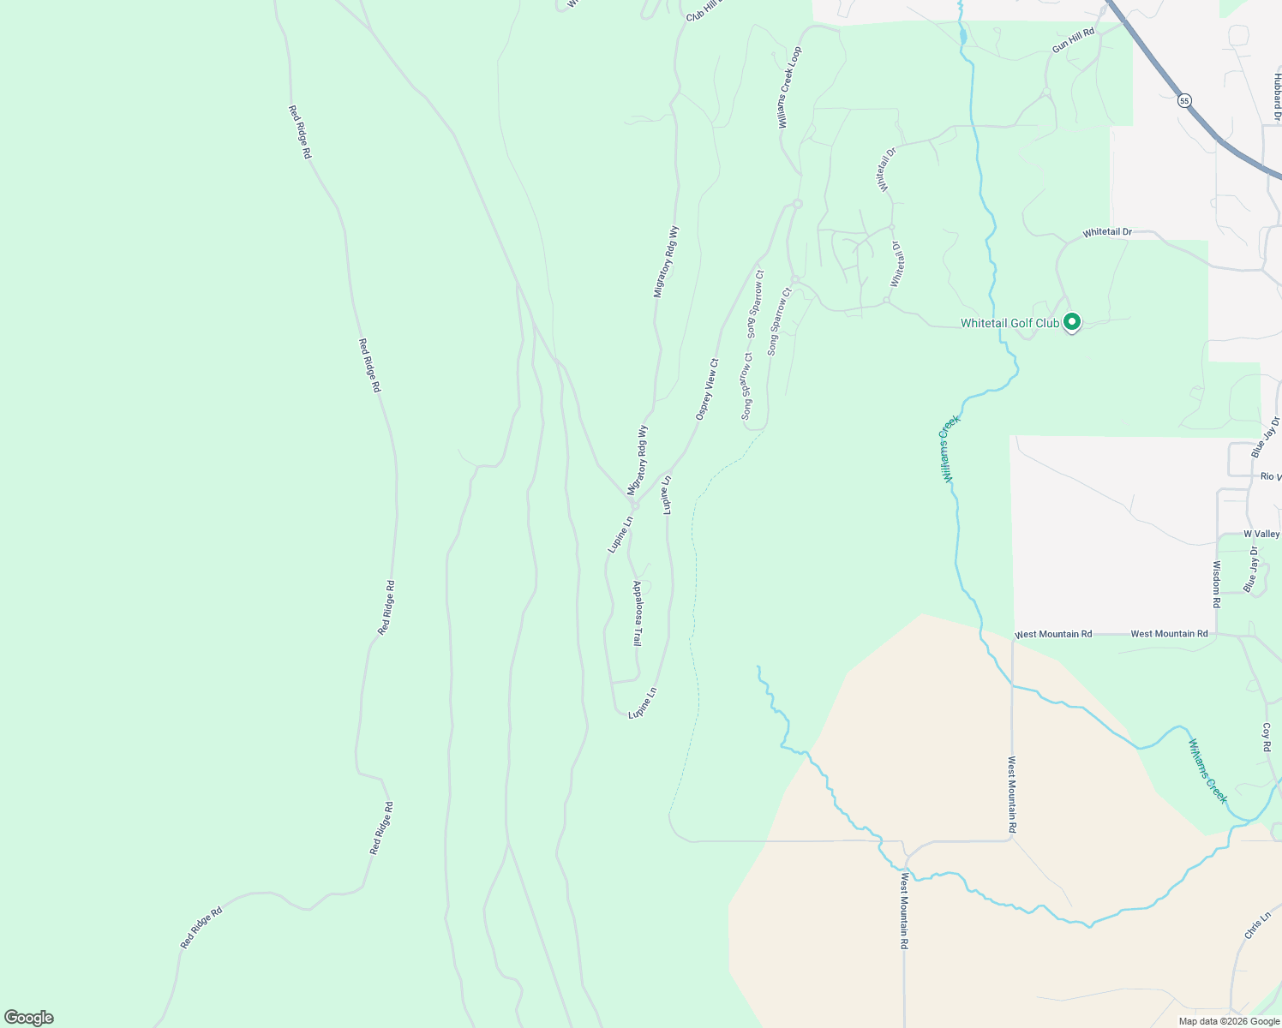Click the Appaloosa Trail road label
tap(637, 613)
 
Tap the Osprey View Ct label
tap(707, 389)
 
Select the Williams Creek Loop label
tap(789, 88)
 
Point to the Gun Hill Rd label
tap(1074, 40)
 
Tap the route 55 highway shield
tap(1184, 100)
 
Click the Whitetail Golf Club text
tap(1009, 323)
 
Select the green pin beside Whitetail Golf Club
tap(1071, 322)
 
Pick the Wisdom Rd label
tap(1216, 584)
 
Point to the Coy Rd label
tap(1267, 738)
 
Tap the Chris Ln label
tap(1257, 926)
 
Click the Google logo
tap(29, 1017)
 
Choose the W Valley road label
tap(1261, 534)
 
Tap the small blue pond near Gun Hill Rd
tap(963, 37)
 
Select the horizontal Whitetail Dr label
tap(1106, 232)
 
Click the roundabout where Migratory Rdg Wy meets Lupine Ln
tap(635, 506)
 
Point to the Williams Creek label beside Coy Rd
tap(1207, 771)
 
